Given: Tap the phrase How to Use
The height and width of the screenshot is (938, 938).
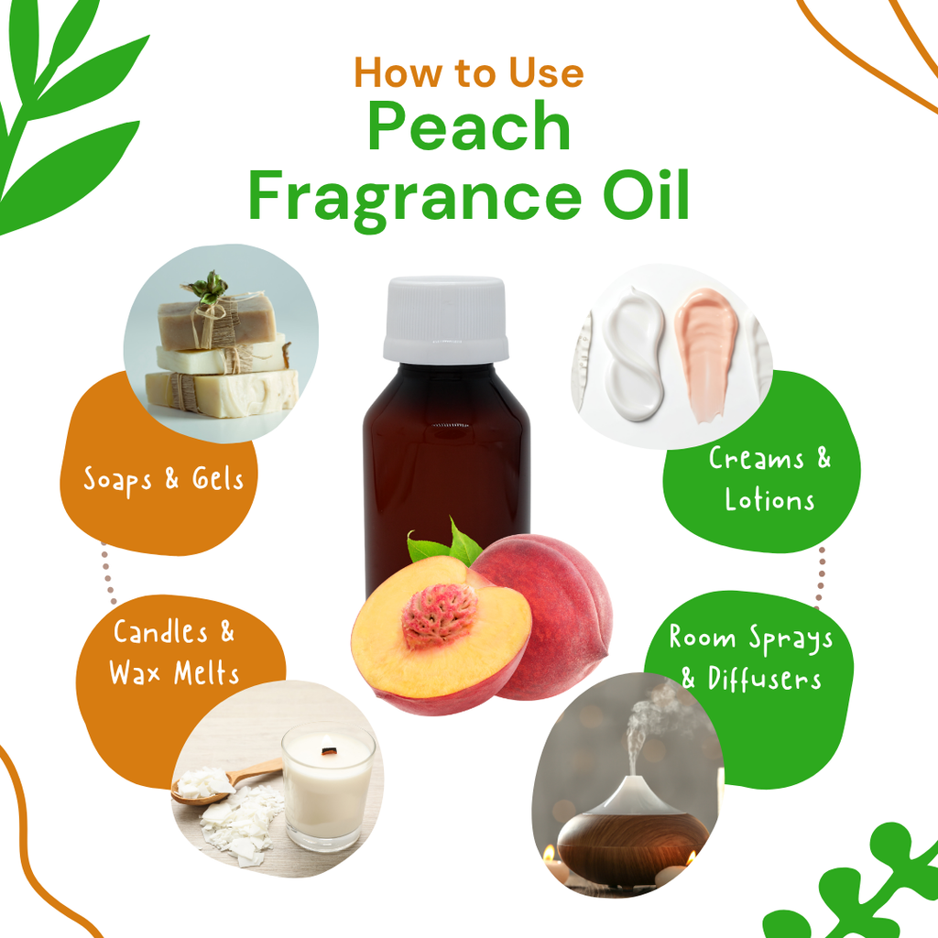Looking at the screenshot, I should coord(469,71).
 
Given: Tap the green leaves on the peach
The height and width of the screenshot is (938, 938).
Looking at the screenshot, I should coord(449,546).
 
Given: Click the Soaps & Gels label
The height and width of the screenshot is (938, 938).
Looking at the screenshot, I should coord(164,479).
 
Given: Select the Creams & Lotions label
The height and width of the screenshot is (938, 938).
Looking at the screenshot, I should coord(769,478).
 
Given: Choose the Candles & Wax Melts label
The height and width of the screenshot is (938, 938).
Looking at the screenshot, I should coord(174,651).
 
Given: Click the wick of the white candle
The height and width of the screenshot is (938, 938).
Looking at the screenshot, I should coord(327,753).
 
